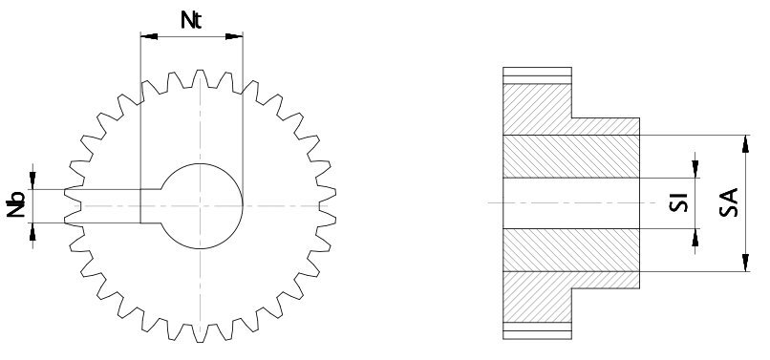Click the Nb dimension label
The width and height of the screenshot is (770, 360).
click(16, 205)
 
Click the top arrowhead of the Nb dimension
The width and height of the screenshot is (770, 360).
click(34, 182)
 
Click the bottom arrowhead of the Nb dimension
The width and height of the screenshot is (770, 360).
click(34, 230)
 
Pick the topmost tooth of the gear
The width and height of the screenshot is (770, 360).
click(200, 75)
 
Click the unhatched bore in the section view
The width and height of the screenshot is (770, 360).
click(571, 203)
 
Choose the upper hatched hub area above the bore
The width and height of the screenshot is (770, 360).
click(571, 157)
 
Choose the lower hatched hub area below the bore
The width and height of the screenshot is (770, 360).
click(571, 250)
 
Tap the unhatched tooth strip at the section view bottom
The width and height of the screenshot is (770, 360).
click(538, 331)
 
